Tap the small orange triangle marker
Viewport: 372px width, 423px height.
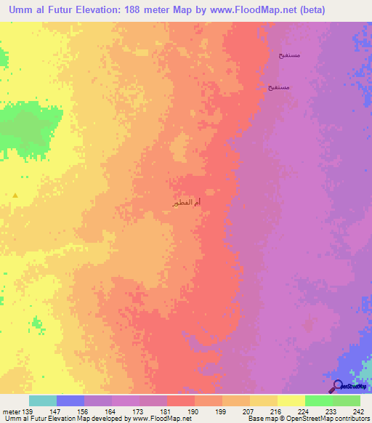point(15,195)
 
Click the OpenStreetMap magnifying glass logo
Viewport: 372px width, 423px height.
point(338,386)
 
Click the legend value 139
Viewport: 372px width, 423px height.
point(28,411)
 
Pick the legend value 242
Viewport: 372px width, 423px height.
point(358,411)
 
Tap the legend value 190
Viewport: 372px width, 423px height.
point(193,411)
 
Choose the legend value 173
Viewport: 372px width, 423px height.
point(138,411)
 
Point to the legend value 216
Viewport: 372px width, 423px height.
point(276,411)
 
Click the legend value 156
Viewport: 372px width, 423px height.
point(83,411)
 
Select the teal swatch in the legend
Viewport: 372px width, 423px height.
point(42,400)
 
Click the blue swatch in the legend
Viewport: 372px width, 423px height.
point(70,400)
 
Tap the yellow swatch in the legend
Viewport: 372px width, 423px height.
point(291,400)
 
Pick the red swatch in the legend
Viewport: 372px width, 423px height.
point(180,400)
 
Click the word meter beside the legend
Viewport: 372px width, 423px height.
point(11,411)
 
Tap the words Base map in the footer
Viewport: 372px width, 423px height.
point(259,419)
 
